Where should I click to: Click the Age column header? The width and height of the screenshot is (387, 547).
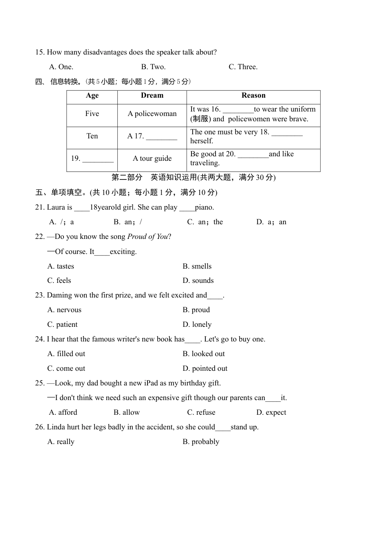pos(92,96)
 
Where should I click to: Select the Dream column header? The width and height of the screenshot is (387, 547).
pos(152,96)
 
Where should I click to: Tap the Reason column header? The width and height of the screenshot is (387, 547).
pos(253,96)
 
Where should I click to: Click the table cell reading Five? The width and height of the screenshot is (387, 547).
pos(92,114)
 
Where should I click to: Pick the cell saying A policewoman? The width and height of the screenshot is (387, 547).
pos(152,114)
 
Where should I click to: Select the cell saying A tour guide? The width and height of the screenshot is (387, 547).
pos(152,159)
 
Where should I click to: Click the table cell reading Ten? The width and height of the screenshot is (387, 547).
pos(92,136)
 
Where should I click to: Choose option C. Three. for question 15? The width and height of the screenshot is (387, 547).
pos(243,67)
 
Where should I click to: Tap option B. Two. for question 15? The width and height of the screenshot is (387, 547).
pos(153,67)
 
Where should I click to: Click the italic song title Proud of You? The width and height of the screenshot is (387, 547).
pos(147,237)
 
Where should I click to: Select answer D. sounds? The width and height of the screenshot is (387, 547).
pos(198,281)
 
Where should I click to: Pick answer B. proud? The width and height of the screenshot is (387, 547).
pos(196,310)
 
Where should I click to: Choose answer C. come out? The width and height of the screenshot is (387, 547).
pos(66,369)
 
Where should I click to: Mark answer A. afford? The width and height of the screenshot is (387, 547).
pos(63,413)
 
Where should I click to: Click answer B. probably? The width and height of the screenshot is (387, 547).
pos(201,442)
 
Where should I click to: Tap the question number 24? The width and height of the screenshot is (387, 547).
pos(40,339)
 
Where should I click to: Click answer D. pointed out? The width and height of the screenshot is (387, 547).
pos(205,369)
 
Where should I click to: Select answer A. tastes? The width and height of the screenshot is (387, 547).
pos(61,267)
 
